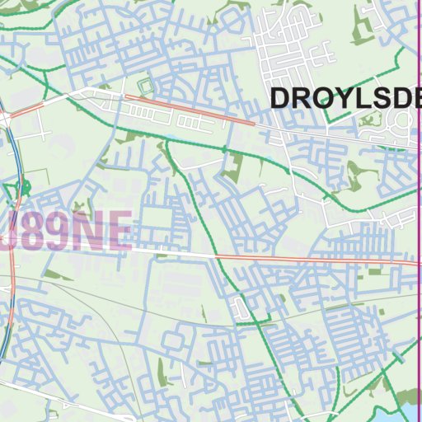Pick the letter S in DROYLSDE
[x=363, y=98]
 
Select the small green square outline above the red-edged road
[x=146, y=85]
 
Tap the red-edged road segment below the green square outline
[x=190, y=109]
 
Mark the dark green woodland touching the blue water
[x=387, y=409]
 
